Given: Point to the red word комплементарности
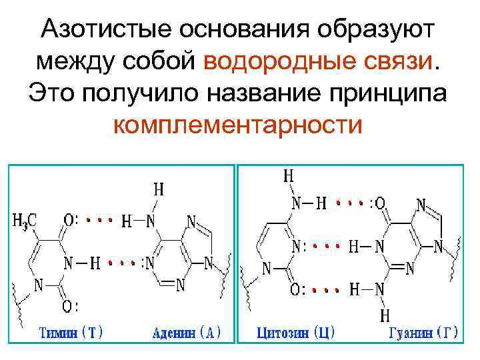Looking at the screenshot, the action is tap(239, 124).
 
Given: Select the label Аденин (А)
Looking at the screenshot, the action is tap(186, 332).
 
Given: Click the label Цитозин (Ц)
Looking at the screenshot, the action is tap(297, 332).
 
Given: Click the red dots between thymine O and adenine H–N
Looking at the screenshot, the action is tap(99, 218).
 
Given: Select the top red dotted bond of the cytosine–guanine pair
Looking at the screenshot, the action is tap(351, 202).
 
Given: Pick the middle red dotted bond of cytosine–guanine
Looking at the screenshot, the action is tap(331, 246).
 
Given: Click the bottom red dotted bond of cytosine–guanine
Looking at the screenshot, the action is tap(326, 290).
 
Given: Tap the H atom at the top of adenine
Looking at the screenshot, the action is tap(159, 189).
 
